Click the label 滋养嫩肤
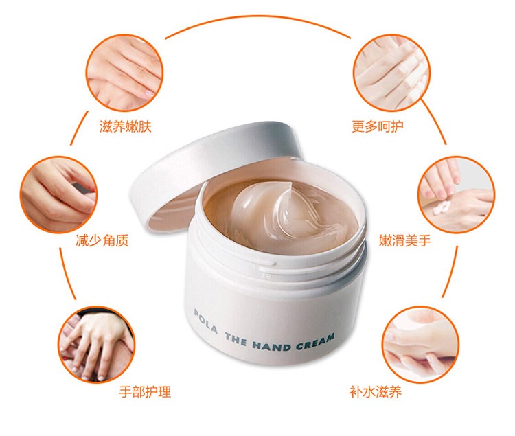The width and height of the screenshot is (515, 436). tap(126, 126)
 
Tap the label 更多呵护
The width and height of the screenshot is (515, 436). tap(378, 126)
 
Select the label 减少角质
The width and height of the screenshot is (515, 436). tap(102, 240)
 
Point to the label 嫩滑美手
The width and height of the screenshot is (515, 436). tap(405, 240)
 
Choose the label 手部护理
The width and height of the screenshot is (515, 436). tap(145, 391)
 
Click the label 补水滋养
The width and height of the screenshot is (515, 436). tap(376, 391)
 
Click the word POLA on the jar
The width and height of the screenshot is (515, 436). tap(205, 321)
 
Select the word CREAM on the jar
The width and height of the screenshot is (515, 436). tap(315, 342)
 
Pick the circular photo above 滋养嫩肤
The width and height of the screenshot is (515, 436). tap(124, 72)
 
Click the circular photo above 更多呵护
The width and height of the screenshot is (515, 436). tap(391, 72)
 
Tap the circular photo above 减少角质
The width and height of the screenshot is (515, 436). tap(58, 194)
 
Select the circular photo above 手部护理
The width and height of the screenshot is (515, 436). tap(97, 344)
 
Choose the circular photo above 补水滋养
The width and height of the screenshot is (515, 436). tap(420, 344)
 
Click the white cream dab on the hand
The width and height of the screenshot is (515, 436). tap(441, 207)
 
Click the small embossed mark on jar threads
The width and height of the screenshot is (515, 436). tap(266, 277)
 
